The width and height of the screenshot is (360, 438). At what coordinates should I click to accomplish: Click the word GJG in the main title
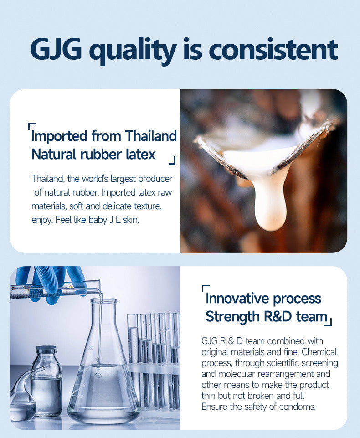tap(56, 49)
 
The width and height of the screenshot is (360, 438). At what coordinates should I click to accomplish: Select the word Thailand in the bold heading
tap(151, 136)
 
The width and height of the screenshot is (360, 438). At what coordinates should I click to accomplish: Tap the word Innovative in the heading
tap(237, 299)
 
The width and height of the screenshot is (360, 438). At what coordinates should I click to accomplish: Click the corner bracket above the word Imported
tap(31, 126)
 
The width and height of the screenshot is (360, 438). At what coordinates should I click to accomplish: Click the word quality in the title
tap(134, 50)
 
